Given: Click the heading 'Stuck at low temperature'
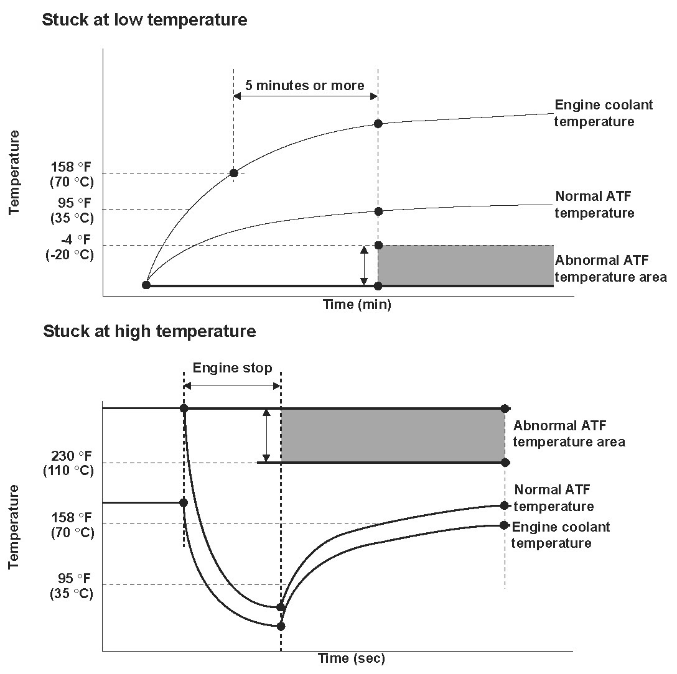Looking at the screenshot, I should [144, 20].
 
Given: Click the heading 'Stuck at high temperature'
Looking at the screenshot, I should [149, 331].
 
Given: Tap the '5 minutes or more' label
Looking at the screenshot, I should [304, 86].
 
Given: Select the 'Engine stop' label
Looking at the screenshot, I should [232, 368].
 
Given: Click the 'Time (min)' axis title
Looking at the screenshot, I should [357, 305].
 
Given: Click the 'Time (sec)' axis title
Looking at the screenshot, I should [352, 658].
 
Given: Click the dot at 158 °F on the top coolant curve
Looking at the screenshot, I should [233, 173].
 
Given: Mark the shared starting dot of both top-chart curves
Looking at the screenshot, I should [146, 285].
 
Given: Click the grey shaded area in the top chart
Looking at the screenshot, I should [465, 265].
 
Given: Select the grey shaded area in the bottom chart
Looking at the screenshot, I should [392, 435].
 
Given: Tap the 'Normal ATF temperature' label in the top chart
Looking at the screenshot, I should [595, 205].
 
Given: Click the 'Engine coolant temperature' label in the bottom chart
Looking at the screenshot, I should [560, 535].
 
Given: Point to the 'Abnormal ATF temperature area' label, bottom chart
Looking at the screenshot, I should [569, 434].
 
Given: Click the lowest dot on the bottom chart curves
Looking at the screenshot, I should [281, 626].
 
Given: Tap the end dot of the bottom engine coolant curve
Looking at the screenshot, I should [504, 525].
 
